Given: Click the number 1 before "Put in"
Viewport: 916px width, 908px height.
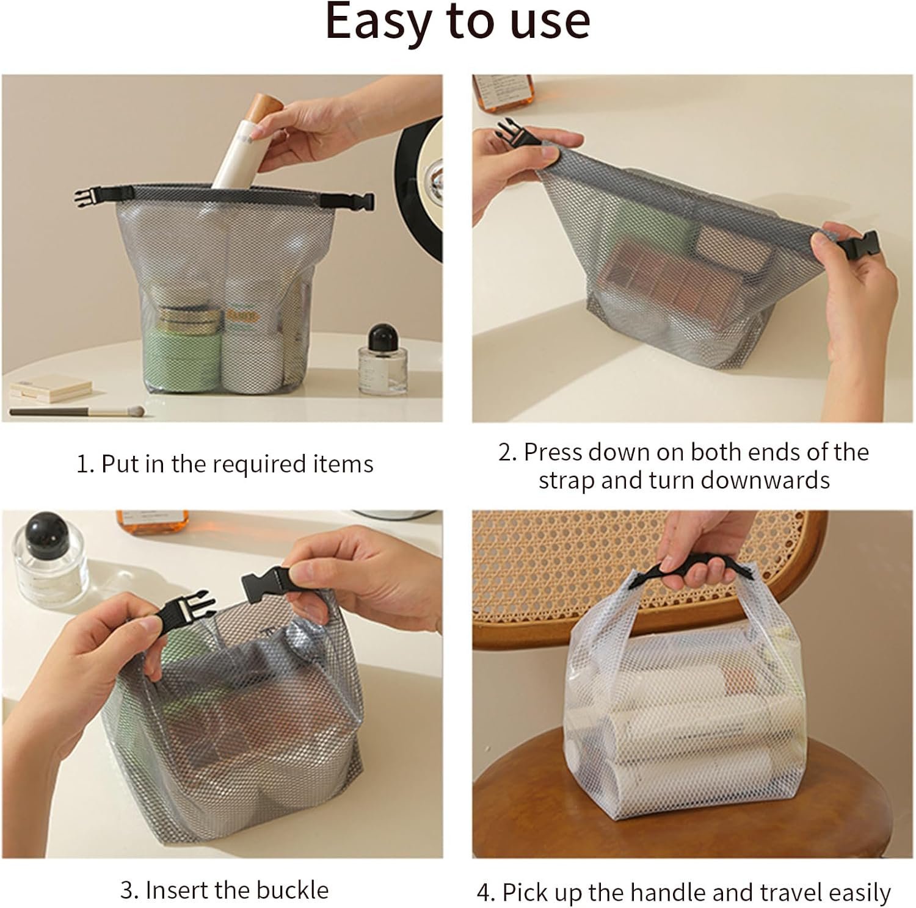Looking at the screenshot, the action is pos(84,464).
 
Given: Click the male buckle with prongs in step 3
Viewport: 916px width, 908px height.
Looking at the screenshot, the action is pos(188,614).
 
